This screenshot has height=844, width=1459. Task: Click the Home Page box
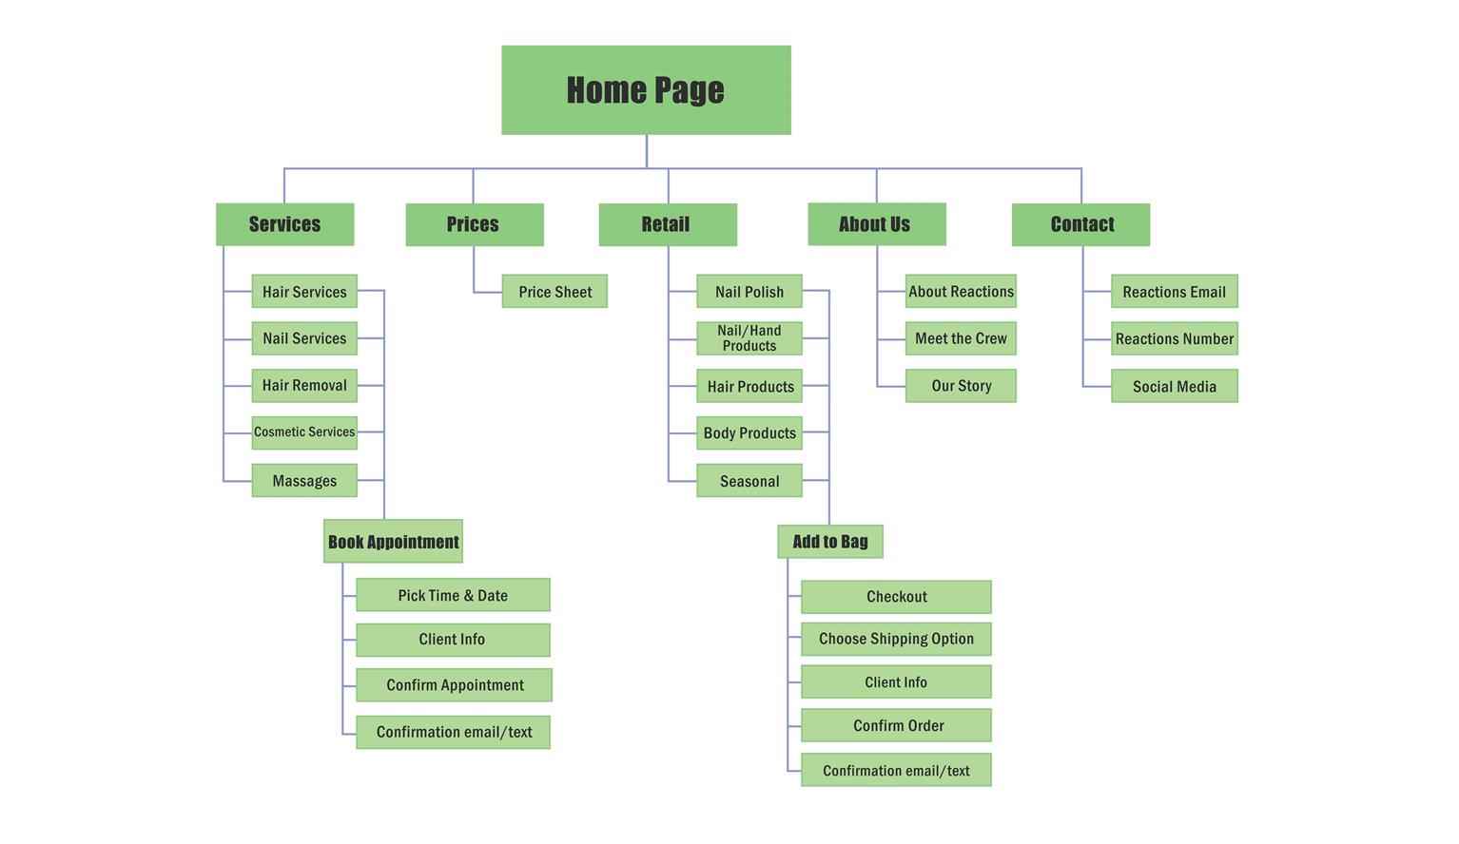point(646,89)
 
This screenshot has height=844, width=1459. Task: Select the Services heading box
point(284,224)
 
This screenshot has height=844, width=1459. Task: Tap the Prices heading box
point(475,224)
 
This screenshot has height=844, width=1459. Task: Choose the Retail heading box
point(668,224)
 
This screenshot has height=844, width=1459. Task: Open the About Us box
point(877,224)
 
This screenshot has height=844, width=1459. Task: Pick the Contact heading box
point(1080,224)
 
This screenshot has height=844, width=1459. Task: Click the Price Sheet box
point(554,291)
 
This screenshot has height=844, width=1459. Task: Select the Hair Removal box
point(304,385)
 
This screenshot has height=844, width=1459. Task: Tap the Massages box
point(304,480)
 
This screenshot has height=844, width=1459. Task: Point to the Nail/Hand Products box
point(749,338)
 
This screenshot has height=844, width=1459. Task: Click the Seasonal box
point(749,480)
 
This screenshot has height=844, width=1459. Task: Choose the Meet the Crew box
point(961,338)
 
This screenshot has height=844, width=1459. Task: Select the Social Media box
point(1175,386)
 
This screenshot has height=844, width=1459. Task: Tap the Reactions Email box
point(1175,291)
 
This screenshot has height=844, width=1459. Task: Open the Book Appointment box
point(394,541)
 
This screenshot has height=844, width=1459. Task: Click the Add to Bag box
point(830,542)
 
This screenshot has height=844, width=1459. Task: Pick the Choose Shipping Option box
point(896,639)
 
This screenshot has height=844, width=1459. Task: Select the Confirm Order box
point(896,725)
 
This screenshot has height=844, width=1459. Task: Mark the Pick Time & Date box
point(453,595)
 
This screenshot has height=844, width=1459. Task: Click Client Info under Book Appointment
point(453,640)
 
